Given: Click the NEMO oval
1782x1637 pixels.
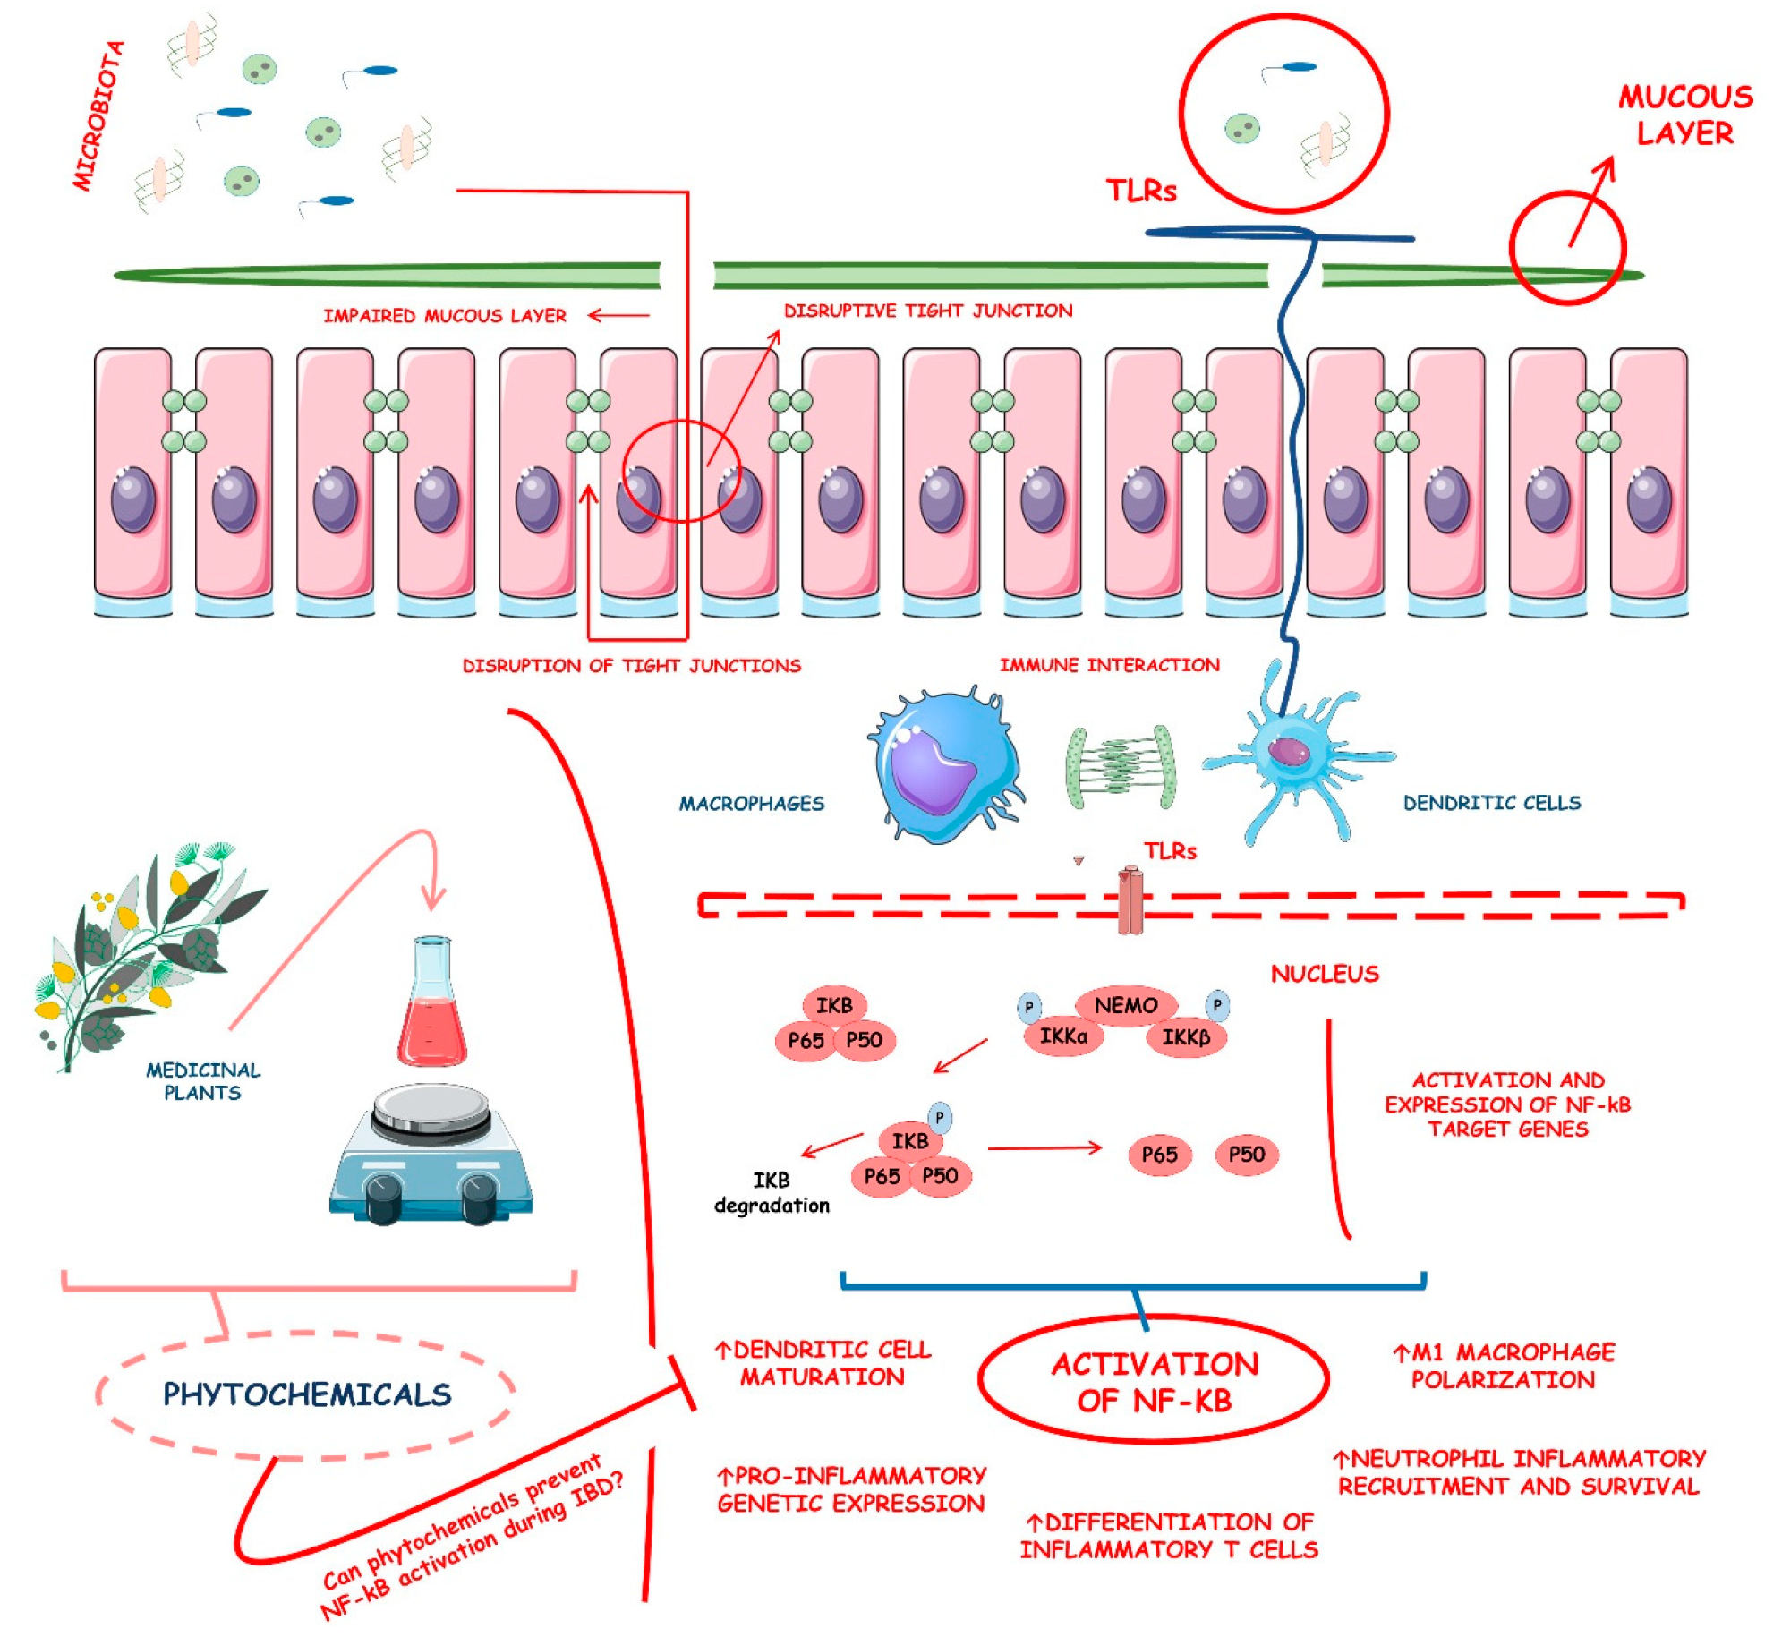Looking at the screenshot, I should [1125, 1005].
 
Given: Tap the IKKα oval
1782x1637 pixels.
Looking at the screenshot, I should [1062, 1036].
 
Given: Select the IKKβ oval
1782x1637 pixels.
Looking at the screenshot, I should [1185, 1037].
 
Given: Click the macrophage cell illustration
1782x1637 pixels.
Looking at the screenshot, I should [944, 768].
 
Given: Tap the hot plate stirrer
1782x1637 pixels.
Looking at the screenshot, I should [431, 1155].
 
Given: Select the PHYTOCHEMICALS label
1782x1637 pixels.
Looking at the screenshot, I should [306, 1394].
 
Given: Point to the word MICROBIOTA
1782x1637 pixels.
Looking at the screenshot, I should [98, 116].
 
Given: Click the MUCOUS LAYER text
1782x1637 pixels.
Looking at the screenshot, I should [1684, 115].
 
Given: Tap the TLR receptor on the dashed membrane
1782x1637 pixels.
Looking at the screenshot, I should [1130, 899].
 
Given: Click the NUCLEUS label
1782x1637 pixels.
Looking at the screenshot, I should [1324, 974].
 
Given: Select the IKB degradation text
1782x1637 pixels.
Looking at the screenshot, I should [771, 1192].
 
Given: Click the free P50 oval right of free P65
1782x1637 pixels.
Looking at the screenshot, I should [1246, 1154].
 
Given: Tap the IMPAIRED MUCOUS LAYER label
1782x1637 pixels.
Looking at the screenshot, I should [444, 316].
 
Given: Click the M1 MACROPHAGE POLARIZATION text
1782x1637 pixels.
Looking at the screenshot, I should [1504, 1365].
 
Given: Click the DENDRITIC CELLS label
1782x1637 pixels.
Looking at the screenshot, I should [1491, 803].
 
